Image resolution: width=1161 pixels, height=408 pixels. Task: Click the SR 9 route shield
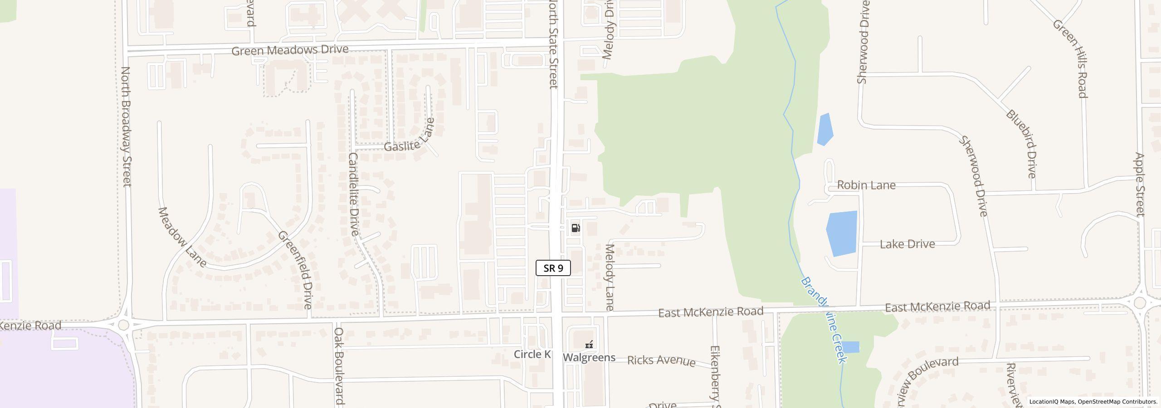pos(553,268)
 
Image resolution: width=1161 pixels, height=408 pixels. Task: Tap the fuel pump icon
pos(576,228)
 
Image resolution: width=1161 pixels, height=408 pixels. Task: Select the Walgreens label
pos(589,358)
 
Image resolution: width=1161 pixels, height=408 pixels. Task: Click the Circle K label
pos(532,354)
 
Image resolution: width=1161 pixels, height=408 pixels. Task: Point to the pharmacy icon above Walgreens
pos(589,345)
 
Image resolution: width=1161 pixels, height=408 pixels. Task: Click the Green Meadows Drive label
pos(290,50)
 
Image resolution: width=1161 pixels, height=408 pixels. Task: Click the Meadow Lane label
pos(182,237)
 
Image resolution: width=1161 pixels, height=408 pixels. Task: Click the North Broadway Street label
pos(126,126)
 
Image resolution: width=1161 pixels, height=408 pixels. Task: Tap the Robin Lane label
pos(866,185)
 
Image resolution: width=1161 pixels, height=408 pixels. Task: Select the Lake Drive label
pos(907,244)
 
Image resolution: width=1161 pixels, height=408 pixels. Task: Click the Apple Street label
pos(1140,185)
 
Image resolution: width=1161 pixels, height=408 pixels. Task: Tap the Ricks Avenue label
pos(661,360)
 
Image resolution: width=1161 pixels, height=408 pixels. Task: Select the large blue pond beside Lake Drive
pos(842,233)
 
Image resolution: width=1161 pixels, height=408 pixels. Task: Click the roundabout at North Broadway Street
pos(123,325)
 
